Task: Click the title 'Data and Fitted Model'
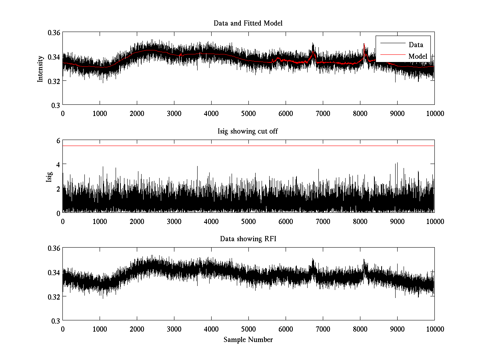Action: pyautogui.click(x=248, y=23)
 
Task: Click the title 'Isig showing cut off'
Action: pyautogui.click(x=248, y=131)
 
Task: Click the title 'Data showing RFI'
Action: pyautogui.click(x=248, y=239)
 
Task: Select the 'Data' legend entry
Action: pyautogui.click(x=416, y=45)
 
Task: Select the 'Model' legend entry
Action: pyautogui.click(x=418, y=56)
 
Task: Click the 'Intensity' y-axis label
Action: pyautogui.click(x=40, y=69)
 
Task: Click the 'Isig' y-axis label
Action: pyautogui.click(x=49, y=177)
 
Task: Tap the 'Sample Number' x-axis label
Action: pyautogui.click(x=248, y=340)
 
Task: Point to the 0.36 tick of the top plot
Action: pyautogui.click(x=54, y=33)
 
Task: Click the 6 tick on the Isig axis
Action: pyautogui.click(x=58, y=141)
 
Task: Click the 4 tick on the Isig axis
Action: pyautogui.click(x=58, y=164)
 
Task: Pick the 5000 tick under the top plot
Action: pyautogui.click(x=248, y=113)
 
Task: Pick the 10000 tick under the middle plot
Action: pyautogui.click(x=434, y=221)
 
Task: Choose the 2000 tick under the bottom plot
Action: pyautogui.click(x=137, y=329)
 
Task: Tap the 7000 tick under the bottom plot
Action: pyautogui.click(x=323, y=329)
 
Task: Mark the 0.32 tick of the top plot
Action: pyautogui.click(x=54, y=81)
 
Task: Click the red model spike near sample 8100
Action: pyautogui.click(x=364, y=45)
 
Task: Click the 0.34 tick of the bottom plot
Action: pyautogui.click(x=54, y=273)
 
